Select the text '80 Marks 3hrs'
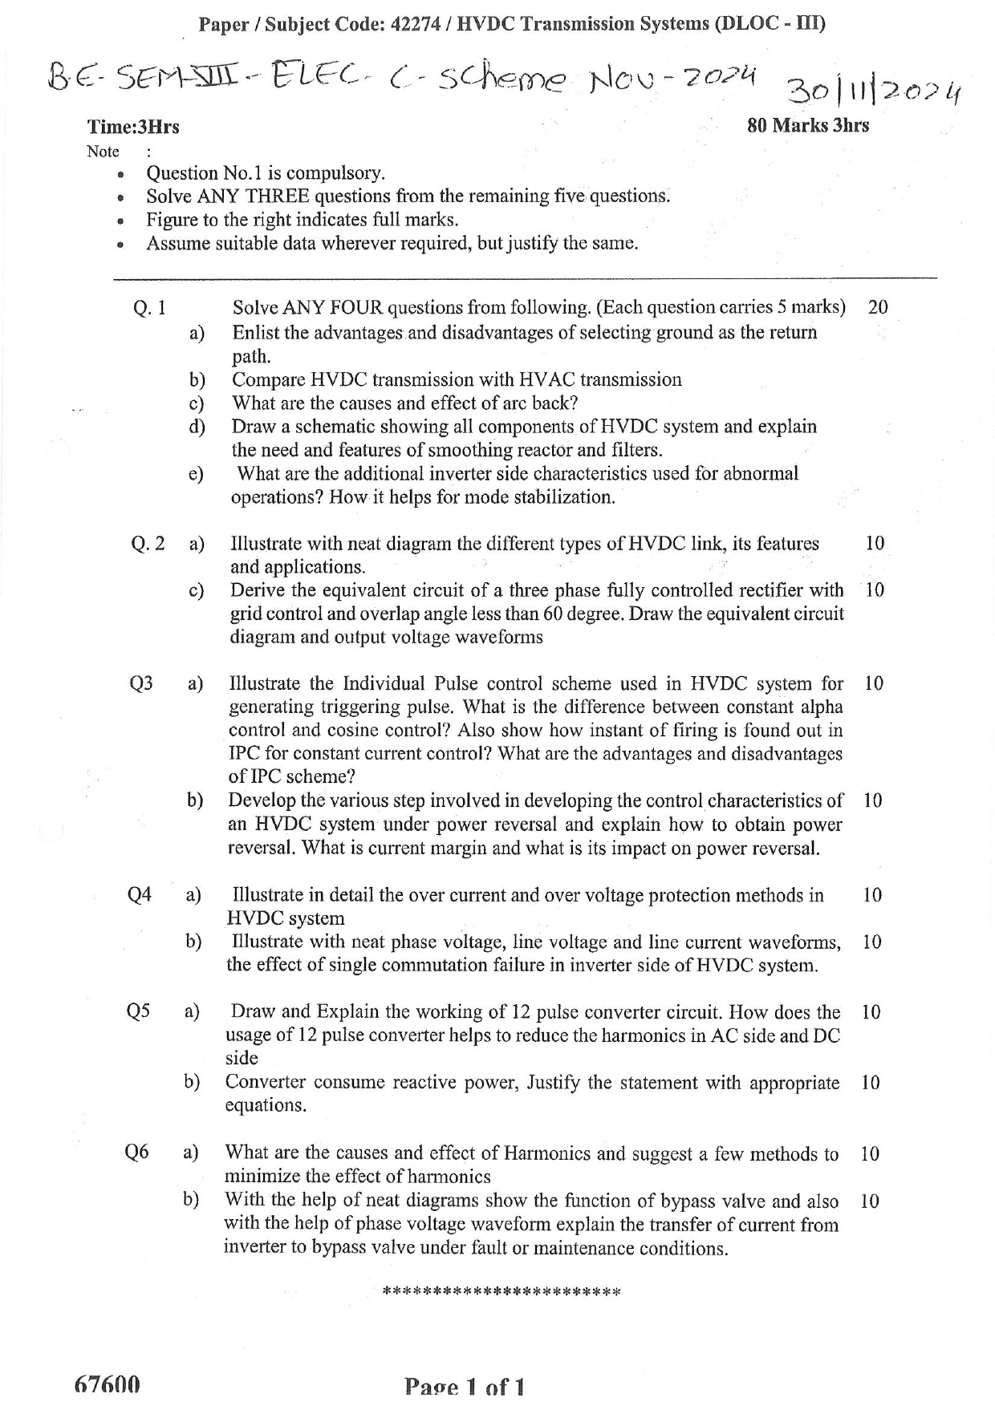click(x=807, y=125)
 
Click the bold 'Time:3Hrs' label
click(x=133, y=127)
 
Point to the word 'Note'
click(x=103, y=152)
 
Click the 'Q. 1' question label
click(x=149, y=307)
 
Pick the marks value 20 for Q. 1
click(x=878, y=306)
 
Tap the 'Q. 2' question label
click(x=148, y=544)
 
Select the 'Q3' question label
click(x=140, y=683)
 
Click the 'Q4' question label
click(x=139, y=894)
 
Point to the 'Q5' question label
click(x=138, y=1011)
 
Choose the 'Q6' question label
click(x=136, y=1153)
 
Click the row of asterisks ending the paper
click(x=502, y=1292)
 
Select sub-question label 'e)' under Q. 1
click(x=196, y=474)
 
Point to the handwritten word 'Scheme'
click(x=505, y=79)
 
